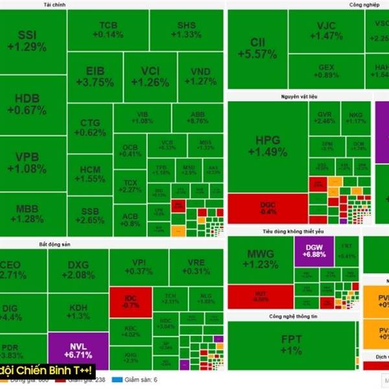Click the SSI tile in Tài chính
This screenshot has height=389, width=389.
point(32,40)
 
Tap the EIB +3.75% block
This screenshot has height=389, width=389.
point(95,77)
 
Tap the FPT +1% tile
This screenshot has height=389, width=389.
point(292,344)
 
